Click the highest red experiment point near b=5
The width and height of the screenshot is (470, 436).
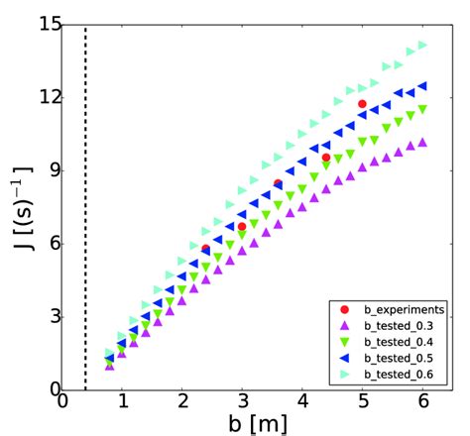coord(363,103)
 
